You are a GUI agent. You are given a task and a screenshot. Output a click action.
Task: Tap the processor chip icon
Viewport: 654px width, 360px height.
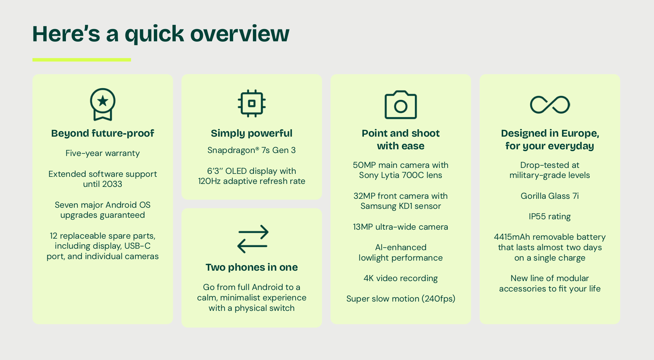click(252, 103)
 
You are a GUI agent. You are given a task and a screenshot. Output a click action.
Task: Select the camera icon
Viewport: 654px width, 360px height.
click(401, 105)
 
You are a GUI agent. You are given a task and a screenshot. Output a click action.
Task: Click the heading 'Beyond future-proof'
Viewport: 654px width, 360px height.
click(103, 133)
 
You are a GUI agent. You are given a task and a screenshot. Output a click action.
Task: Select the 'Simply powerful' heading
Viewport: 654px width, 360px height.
click(252, 133)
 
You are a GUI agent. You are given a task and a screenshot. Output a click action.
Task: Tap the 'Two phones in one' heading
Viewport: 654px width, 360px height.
click(252, 267)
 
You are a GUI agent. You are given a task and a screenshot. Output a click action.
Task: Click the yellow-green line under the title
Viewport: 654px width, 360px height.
click(82, 60)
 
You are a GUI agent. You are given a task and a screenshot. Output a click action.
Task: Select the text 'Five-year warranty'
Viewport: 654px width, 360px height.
click(103, 153)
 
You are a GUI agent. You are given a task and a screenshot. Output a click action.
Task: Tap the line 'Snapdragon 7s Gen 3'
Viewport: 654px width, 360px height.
click(252, 150)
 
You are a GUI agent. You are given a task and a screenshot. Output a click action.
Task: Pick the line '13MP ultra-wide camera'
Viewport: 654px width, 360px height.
click(401, 227)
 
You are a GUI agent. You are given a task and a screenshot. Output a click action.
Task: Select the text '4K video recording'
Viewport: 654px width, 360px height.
click(401, 278)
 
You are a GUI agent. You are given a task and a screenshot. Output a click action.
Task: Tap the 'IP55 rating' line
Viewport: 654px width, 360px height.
click(550, 217)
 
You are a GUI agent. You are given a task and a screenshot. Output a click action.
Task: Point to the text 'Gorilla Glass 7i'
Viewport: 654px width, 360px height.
click(550, 196)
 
